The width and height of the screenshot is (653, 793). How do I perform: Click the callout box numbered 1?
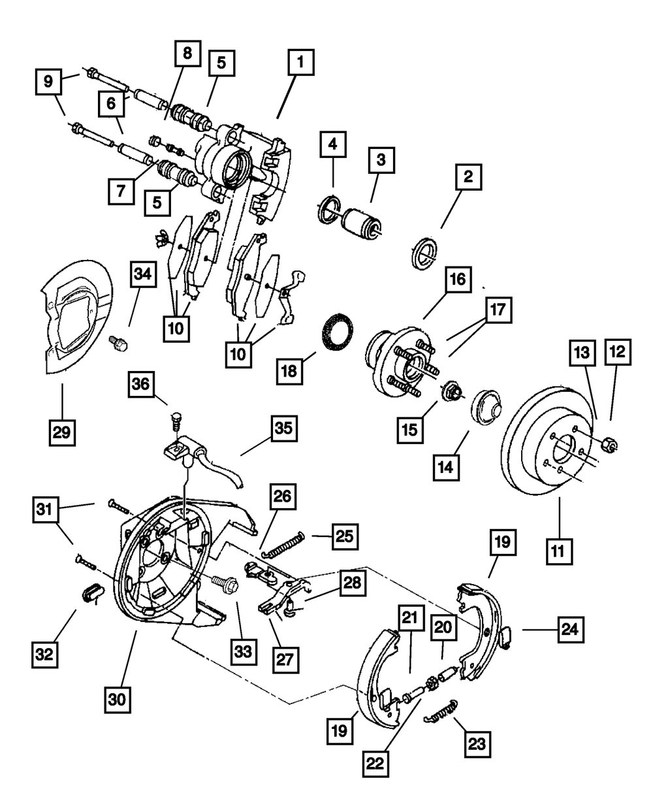pyautogui.click(x=300, y=64)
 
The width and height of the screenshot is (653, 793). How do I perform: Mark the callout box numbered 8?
pyautogui.click(x=187, y=54)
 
